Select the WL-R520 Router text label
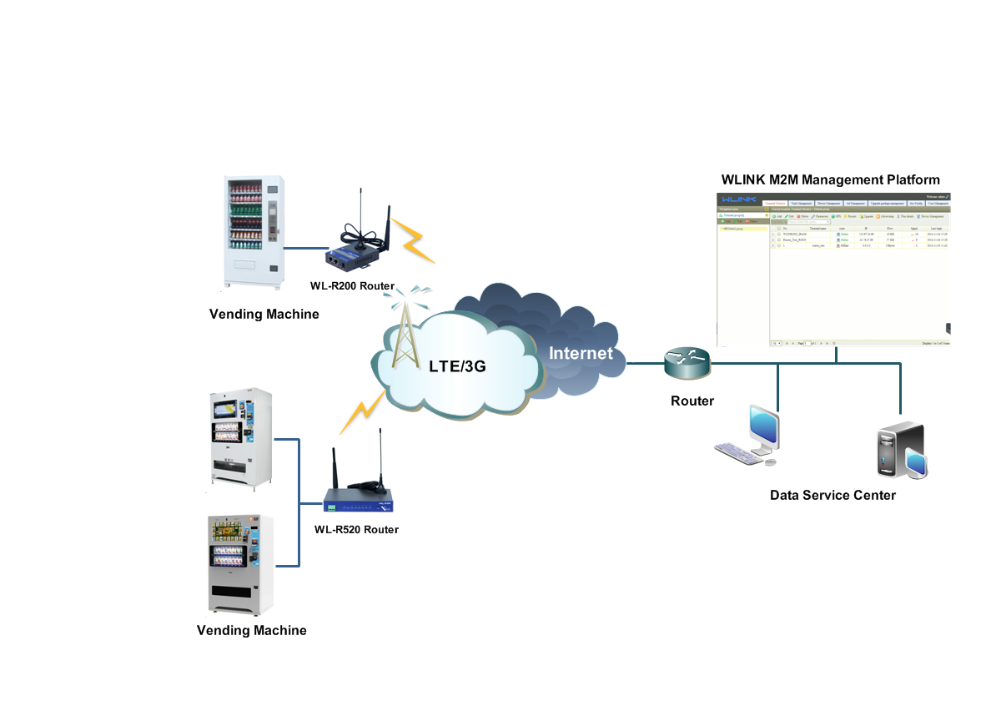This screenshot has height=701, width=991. pyautogui.click(x=356, y=529)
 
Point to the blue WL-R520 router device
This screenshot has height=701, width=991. pyautogui.click(x=359, y=500)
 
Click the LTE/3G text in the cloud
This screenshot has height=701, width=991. pyautogui.click(x=457, y=366)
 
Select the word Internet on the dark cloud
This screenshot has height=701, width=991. pyautogui.click(x=581, y=353)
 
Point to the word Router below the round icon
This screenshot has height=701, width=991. pyautogui.click(x=692, y=401)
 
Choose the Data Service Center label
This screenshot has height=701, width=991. pyautogui.click(x=833, y=495)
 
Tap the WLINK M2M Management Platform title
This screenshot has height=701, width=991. pyautogui.click(x=830, y=179)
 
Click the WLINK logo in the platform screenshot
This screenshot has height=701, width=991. pyautogui.click(x=738, y=199)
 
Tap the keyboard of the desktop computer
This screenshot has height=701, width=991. pyautogui.click(x=738, y=451)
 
